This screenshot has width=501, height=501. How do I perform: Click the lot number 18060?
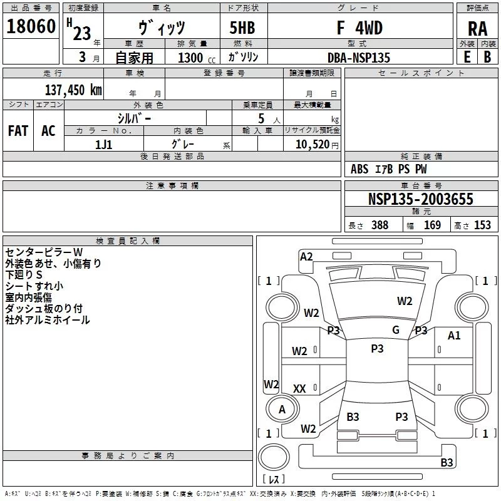(x=31, y=28)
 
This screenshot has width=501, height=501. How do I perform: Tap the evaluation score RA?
(x=477, y=29)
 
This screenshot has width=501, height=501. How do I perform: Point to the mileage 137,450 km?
(x=73, y=90)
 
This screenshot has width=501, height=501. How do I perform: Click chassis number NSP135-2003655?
(x=420, y=200)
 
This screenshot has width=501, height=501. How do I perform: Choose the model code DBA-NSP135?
(x=358, y=58)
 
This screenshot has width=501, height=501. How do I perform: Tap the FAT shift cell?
(x=18, y=131)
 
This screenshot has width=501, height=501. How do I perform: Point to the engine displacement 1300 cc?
(x=194, y=58)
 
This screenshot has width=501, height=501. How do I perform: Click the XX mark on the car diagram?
(x=299, y=389)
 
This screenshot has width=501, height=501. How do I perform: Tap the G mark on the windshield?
(x=396, y=330)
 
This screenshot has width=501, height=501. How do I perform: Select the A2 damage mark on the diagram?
(x=306, y=256)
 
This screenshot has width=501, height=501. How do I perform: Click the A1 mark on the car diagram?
(x=454, y=336)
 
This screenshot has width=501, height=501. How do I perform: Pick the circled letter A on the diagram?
(x=282, y=409)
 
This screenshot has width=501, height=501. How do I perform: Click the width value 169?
(x=432, y=225)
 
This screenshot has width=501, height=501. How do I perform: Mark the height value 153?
(x=482, y=225)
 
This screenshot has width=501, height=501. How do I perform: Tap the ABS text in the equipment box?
(x=359, y=169)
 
